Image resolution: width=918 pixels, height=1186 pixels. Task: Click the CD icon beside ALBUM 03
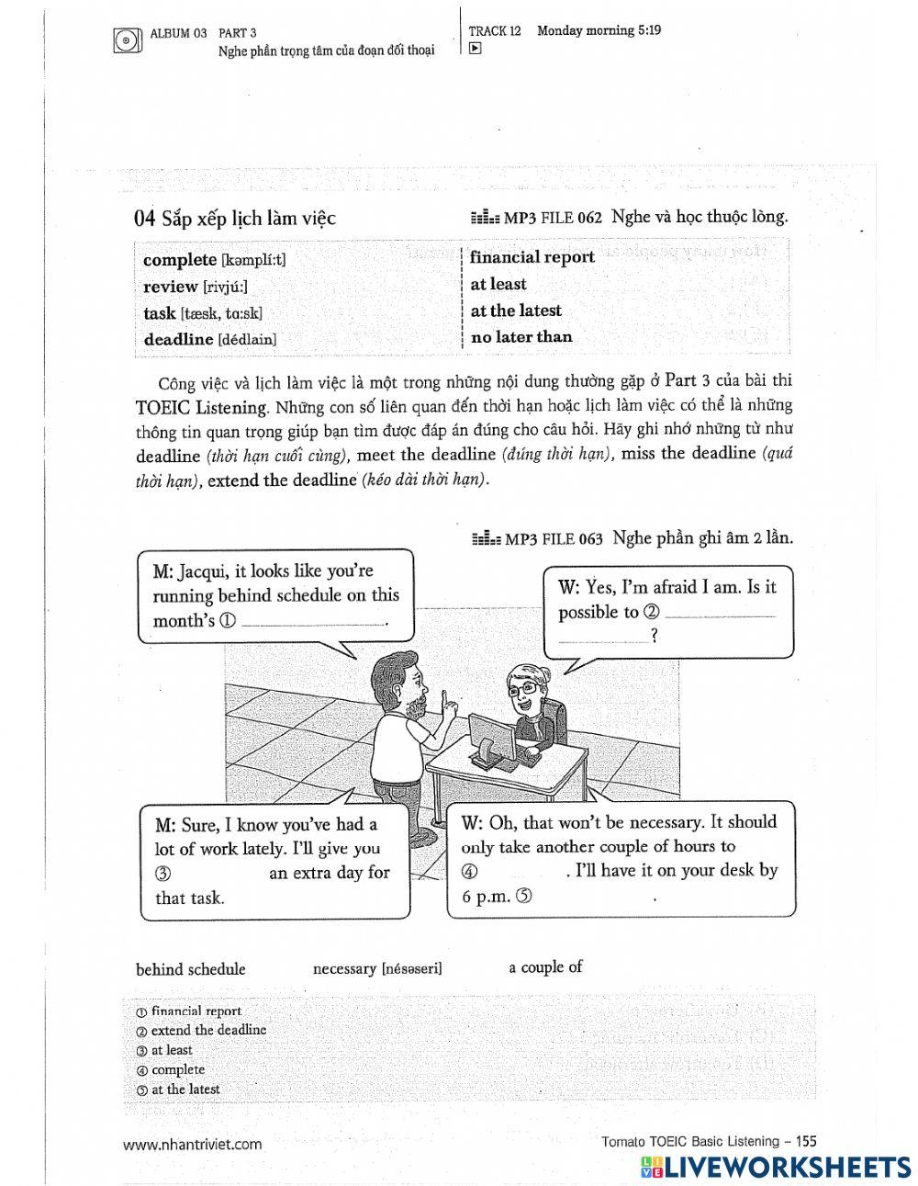click(127, 40)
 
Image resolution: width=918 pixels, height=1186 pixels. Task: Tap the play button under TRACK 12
click(475, 50)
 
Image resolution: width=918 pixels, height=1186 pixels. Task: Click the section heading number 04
click(144, 218)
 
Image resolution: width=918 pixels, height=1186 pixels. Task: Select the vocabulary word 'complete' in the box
click(180, 260)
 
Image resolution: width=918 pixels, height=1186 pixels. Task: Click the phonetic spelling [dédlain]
click(247, 339)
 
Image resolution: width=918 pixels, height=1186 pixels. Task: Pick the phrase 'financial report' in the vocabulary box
click(532, 257)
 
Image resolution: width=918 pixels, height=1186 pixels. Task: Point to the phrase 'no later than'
click(521, 336)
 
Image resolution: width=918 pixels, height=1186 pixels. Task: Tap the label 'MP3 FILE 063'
click(553, 538)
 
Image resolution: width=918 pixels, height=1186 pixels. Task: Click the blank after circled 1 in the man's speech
click(312, 622)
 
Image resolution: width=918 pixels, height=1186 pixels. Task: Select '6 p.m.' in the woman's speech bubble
click(487, 897)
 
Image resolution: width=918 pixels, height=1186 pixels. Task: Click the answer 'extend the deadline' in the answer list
click(208, 1031)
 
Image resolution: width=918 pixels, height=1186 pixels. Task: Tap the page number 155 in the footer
click(805, 1142)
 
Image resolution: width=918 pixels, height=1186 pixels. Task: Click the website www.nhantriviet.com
click(192, 1144)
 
